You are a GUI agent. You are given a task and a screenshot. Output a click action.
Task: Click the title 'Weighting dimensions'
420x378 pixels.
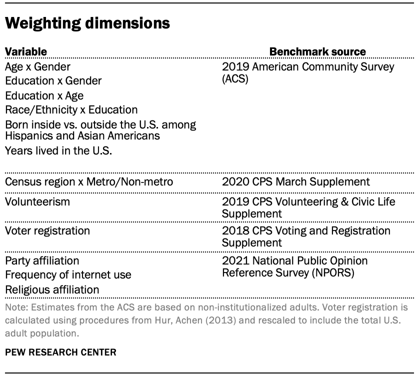click(87, 23)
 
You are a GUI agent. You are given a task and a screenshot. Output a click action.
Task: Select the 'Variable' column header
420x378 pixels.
click(26, 51)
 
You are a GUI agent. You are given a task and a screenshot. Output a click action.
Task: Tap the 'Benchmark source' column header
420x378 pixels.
click(317, 51)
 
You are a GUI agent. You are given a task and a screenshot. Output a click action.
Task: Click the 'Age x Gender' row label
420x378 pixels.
click(37, 66)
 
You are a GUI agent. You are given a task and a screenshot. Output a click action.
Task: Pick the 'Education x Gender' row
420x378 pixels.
click(53, 80)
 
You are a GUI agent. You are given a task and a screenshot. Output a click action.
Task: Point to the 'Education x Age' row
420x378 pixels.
click(44, 95)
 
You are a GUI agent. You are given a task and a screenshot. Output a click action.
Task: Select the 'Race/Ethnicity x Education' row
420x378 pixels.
click(71, 109)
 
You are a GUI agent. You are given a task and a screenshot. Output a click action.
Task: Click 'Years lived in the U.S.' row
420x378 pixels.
click(58, 150)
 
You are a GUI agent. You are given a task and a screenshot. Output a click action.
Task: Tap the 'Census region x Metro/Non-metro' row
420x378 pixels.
click(89, 181)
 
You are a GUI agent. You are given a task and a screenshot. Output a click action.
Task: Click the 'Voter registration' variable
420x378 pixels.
click(47, 230)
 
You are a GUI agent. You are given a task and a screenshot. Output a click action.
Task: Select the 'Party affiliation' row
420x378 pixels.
click(42, 260)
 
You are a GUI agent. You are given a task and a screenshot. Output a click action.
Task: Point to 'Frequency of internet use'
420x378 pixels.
click(68, 274)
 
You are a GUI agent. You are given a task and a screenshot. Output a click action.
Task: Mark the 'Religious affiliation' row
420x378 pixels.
click(52, 289)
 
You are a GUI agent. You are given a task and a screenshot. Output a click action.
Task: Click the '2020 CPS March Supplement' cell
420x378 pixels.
click(296, 181)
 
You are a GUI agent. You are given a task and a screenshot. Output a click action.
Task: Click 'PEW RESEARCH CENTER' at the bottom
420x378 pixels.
click(60, 352)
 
